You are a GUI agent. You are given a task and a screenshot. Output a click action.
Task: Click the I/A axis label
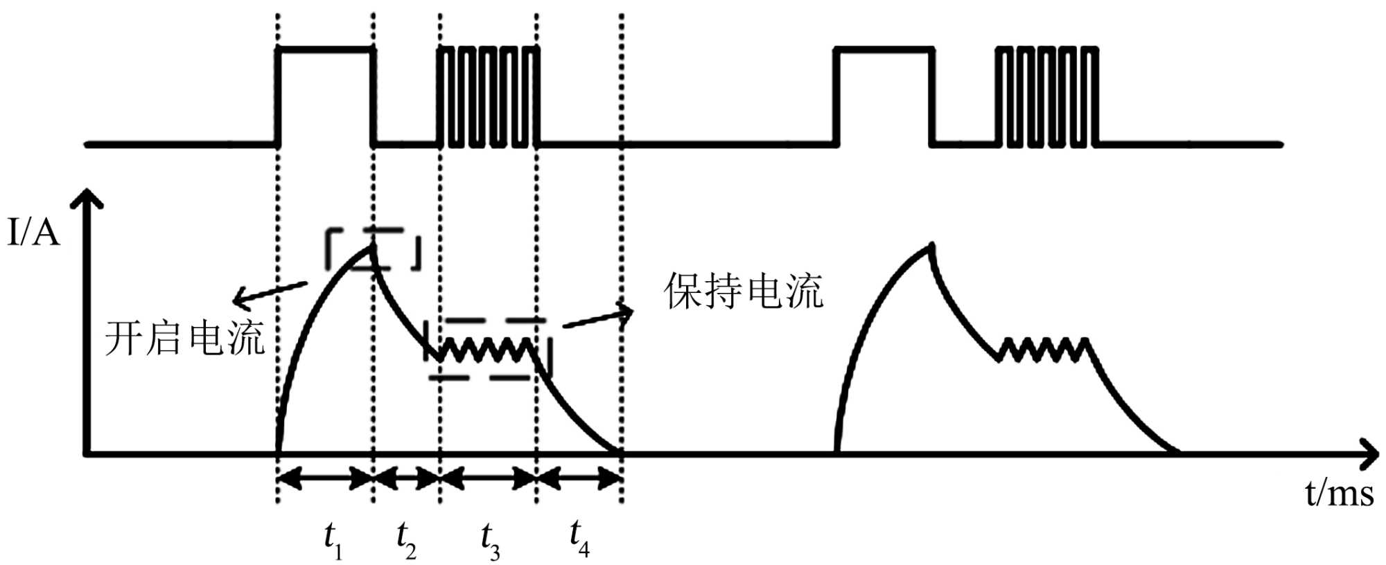pos(33,233)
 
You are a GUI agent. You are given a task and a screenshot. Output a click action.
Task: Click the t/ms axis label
pos(1339,494)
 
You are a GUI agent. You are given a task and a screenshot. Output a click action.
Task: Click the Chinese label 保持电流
pos(744,291)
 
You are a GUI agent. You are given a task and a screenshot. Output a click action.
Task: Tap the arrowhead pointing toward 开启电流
pos(238,300)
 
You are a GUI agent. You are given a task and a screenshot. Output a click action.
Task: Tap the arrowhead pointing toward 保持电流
pos(625,312)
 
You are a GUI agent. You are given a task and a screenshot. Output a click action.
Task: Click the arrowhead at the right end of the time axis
pos(1369,454)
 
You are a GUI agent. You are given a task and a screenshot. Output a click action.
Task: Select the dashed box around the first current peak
pos(373,249)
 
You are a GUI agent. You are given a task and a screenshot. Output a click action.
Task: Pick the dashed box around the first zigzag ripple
pos(489,349)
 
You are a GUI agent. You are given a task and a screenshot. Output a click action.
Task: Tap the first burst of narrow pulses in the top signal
pos(489,97)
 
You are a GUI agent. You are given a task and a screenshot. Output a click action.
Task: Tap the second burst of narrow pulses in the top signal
pos(1047,97)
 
